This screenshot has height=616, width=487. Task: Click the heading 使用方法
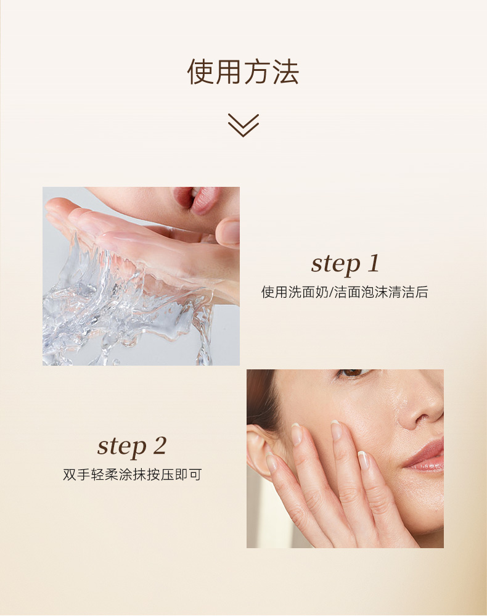tap(243, 72)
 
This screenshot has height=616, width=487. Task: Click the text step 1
tap(345, 263)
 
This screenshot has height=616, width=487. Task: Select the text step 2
tap(131, 446)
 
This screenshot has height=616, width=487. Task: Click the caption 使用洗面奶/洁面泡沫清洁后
tap(345, 292)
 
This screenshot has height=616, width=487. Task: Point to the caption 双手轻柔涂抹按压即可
tap(132, 475)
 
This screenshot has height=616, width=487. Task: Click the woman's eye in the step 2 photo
tap(353, 373)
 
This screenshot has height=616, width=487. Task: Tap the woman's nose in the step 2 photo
tap(420, 413)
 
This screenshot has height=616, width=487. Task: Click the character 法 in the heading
tap(286, 72)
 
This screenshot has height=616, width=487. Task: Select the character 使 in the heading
tap(200, 72)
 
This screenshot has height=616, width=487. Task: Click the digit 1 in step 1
tap(374, 263)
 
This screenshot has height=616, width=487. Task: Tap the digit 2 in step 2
tap(160, 446)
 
